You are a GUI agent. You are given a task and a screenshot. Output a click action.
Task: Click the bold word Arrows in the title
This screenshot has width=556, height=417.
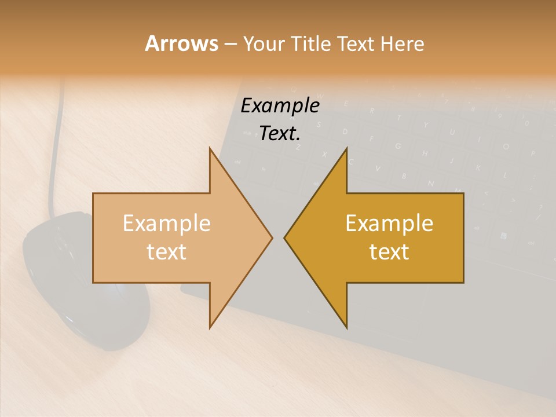(181, 43)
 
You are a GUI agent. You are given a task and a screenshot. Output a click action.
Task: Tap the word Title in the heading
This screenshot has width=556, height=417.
(310, 43)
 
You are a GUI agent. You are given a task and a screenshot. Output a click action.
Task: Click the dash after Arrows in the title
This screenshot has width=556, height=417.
(229, 45)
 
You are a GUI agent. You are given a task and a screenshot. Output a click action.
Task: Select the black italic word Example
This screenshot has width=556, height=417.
(280, 106)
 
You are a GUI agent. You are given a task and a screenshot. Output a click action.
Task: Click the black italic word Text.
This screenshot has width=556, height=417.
(280, 134)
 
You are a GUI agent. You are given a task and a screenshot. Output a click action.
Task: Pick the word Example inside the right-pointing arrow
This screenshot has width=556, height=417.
(166, 223)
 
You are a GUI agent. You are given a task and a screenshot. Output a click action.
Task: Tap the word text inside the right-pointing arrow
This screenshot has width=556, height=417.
(166, 252)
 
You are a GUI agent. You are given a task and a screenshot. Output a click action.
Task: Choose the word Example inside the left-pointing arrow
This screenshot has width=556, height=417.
(389, 223)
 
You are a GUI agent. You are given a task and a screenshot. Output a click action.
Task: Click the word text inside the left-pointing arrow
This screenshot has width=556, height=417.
(389, 252)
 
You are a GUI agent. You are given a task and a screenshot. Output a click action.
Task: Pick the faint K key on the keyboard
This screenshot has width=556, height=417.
(478, 168)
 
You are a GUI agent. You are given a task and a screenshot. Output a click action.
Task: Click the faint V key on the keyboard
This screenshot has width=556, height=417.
(378, 169)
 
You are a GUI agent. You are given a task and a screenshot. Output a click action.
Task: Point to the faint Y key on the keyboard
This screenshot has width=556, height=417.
(426, 125)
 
